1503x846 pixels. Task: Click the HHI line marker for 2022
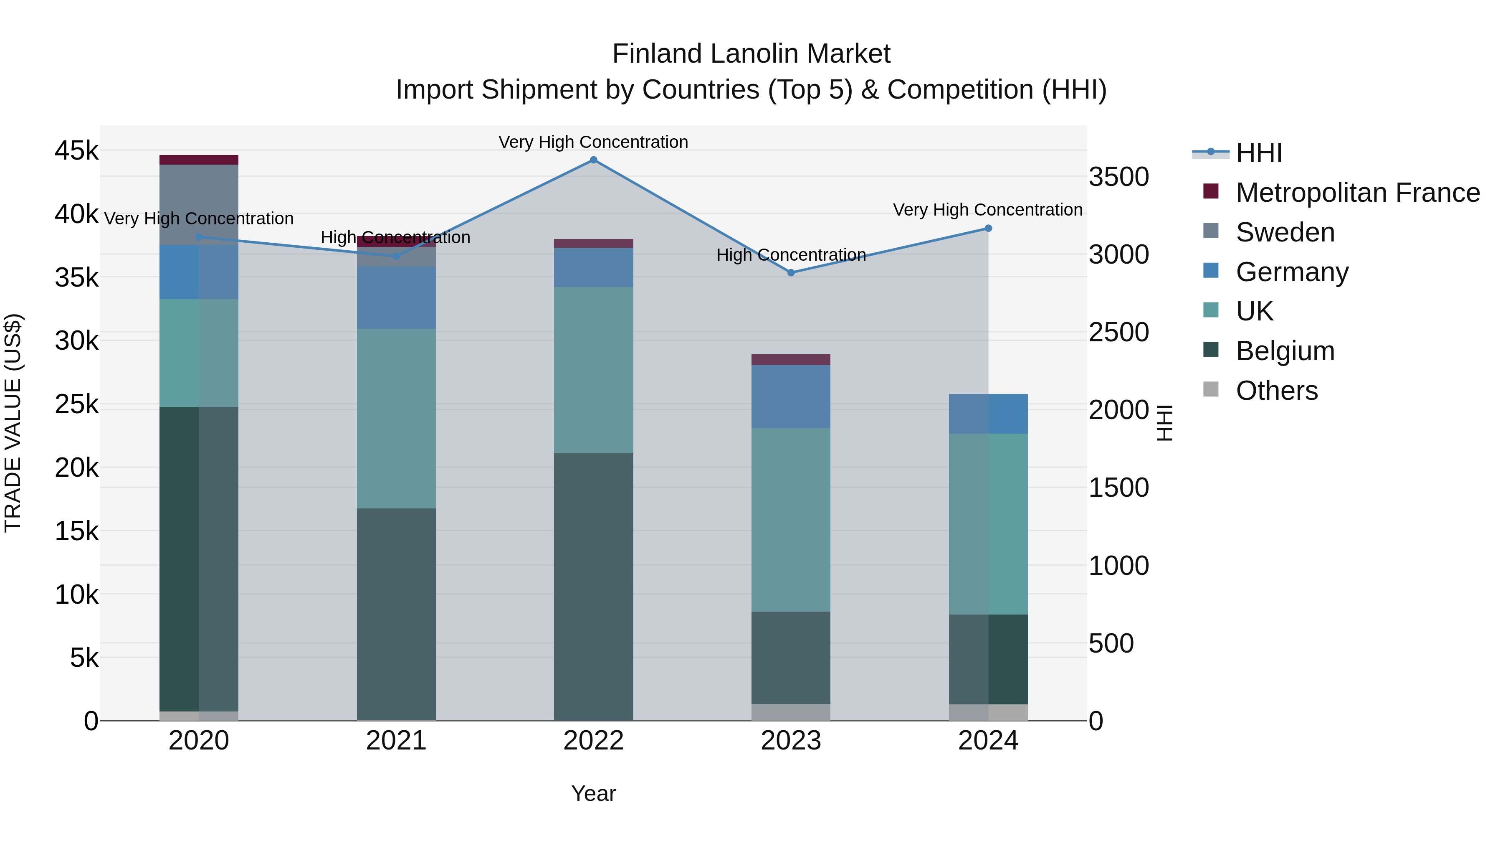[593, 160]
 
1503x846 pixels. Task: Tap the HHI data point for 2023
[791, 273]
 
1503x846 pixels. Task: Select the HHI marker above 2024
[988, 228]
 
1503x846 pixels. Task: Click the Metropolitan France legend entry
[1358, 193]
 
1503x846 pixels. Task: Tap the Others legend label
[1277, 391]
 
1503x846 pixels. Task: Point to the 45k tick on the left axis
[76, 151]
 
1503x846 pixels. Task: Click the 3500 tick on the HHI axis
[1119, 177]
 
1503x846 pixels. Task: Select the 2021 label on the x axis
[396, 741]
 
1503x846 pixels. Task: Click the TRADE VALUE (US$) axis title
[13, 423]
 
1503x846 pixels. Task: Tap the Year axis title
[593, 793]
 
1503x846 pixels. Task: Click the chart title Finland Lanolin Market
[751, 54]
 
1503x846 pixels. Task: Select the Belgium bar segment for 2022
[593, 586]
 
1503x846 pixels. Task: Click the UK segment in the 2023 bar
[791, 520]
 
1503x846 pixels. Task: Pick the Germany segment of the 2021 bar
[396, 298]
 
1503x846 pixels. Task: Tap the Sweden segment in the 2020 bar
[199, 204]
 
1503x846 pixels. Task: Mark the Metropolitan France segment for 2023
[791, 360]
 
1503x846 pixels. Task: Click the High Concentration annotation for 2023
[791, 255]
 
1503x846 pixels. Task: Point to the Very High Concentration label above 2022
[593, 142]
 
